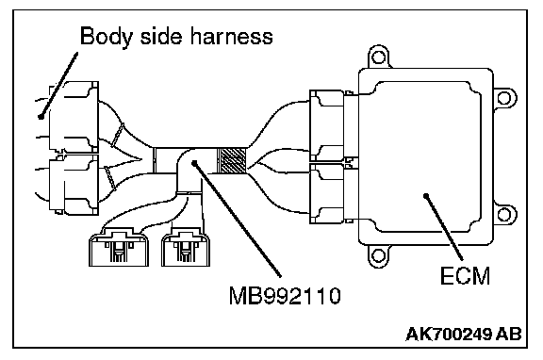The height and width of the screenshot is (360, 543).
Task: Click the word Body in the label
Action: point(106,36)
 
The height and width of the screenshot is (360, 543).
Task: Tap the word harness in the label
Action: point(232,36)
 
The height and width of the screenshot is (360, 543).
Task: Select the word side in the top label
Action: point(161,36)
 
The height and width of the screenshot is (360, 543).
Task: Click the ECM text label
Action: point(465,276)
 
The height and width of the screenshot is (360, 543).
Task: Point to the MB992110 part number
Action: point(285,296)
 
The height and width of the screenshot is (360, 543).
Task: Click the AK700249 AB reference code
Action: point(464,335)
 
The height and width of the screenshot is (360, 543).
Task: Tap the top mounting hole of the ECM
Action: point(379,57)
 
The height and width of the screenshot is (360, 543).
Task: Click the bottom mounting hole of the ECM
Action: point(378,256)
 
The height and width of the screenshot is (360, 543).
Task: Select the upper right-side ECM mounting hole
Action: point(504,98)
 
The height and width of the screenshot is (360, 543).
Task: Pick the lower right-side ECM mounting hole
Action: point(504,215)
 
